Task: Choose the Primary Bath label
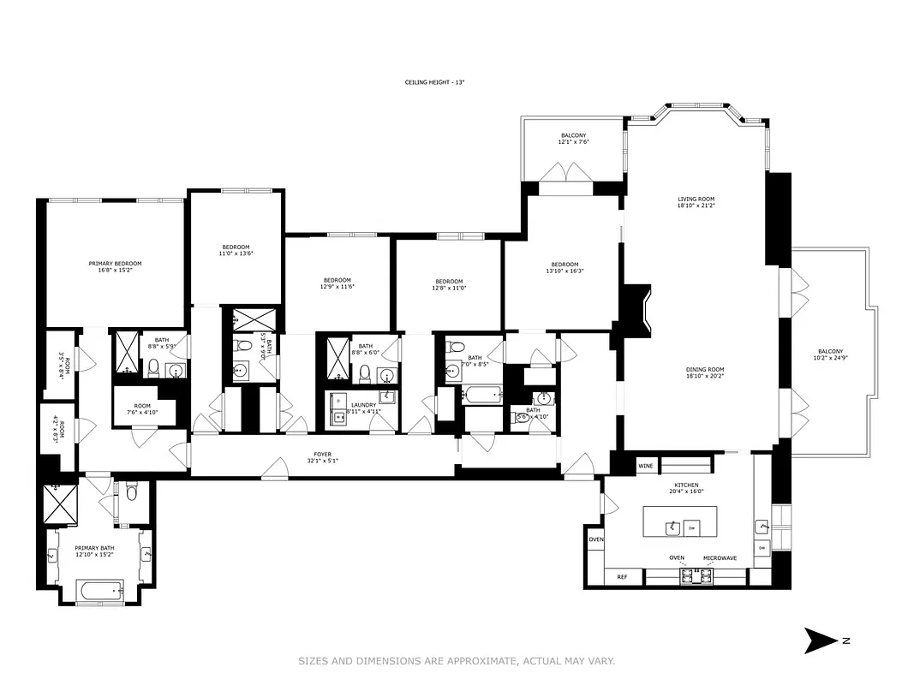click(x=93, y=551)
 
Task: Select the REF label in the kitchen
click(x=623, y=578)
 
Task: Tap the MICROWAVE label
click(x=720, y=558)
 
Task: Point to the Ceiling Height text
click(x=434, y=82)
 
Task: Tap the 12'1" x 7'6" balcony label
click(x=573, y=139)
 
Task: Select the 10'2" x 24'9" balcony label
click(x=830, y=354)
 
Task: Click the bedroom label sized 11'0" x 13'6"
click(x=235, y=250)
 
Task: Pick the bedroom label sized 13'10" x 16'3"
click(x=565, y=267)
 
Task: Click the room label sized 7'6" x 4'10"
click(x=141, y=410)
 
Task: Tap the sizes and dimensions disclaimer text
click(x=457, y=660)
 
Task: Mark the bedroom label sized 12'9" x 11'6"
click(x=338, y=283)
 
